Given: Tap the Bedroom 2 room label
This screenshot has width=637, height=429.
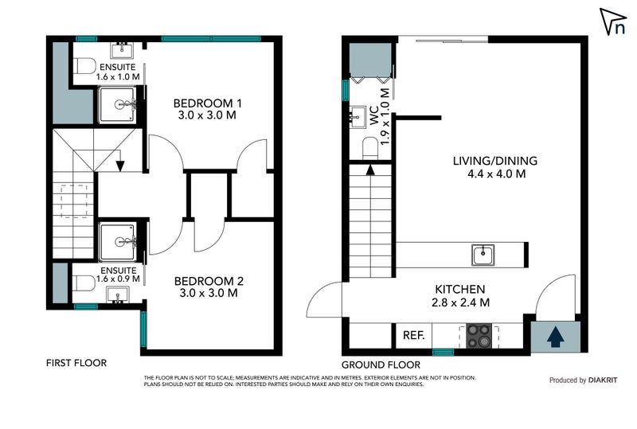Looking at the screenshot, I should point(207,287).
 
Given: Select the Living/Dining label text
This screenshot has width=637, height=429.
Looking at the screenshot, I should point(494,166).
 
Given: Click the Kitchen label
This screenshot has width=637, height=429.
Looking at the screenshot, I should point(461,295).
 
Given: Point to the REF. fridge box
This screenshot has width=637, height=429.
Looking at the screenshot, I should point(413,335).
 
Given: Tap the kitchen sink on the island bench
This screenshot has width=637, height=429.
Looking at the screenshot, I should point(483,255).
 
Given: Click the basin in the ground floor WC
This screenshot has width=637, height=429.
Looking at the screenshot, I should point(356,119).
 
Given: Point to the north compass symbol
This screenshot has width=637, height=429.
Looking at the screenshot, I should point(613,22).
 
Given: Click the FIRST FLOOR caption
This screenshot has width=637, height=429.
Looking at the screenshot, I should point(76,363).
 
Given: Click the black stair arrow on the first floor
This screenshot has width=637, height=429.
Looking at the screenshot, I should point(119,166).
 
